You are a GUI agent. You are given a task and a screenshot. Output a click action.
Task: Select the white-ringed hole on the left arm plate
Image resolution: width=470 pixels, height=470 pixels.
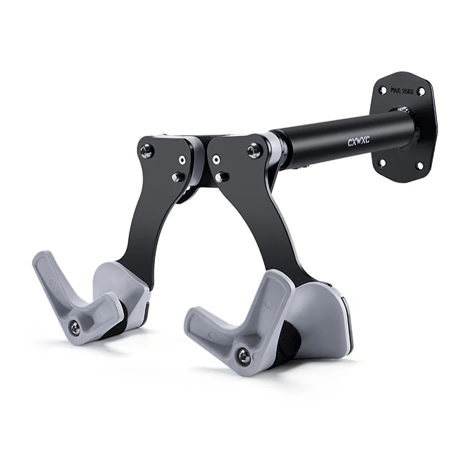[182, 159]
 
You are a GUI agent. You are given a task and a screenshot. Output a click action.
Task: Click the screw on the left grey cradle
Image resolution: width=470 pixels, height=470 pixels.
[75, 326]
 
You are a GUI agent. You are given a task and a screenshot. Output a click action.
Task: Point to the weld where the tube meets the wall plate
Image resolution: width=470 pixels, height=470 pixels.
[405, 113]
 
